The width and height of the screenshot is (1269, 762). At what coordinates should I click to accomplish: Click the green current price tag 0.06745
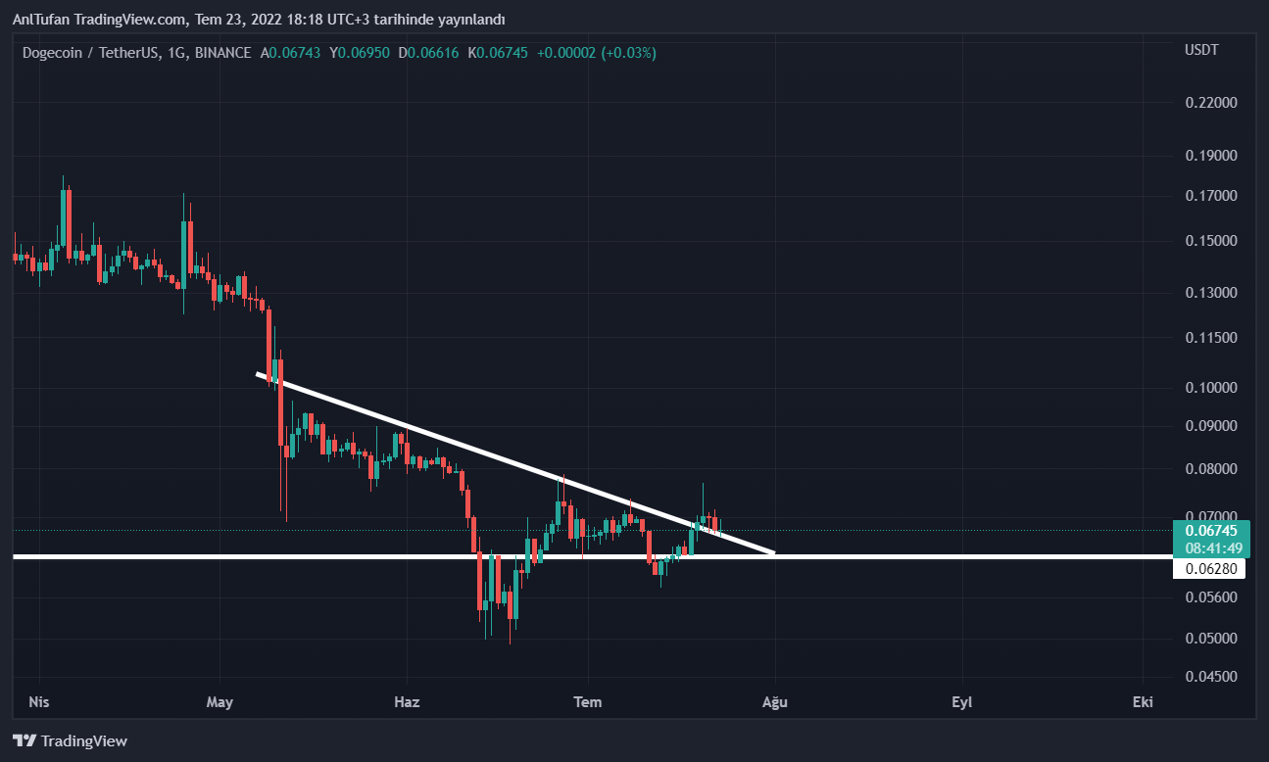(1210, 531)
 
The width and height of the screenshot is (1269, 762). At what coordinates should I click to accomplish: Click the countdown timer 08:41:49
(1210, 548)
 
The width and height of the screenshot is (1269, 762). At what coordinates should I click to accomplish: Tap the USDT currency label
(1201, 49)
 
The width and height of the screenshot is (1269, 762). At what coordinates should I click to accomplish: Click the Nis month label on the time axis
(38, 702)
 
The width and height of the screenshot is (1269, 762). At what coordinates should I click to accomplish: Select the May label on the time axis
(220, 702)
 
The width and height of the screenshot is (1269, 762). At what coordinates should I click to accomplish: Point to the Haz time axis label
(406, 702)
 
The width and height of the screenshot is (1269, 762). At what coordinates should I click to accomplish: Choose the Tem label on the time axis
(587, 702)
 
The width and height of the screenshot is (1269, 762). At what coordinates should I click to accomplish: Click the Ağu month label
(775, 702)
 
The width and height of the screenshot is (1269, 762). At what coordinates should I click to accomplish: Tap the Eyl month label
(961, 702)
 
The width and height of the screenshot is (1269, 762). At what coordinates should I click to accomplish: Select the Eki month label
(1142, 702)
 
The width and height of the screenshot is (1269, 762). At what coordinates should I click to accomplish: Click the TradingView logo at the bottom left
(70, 741)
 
